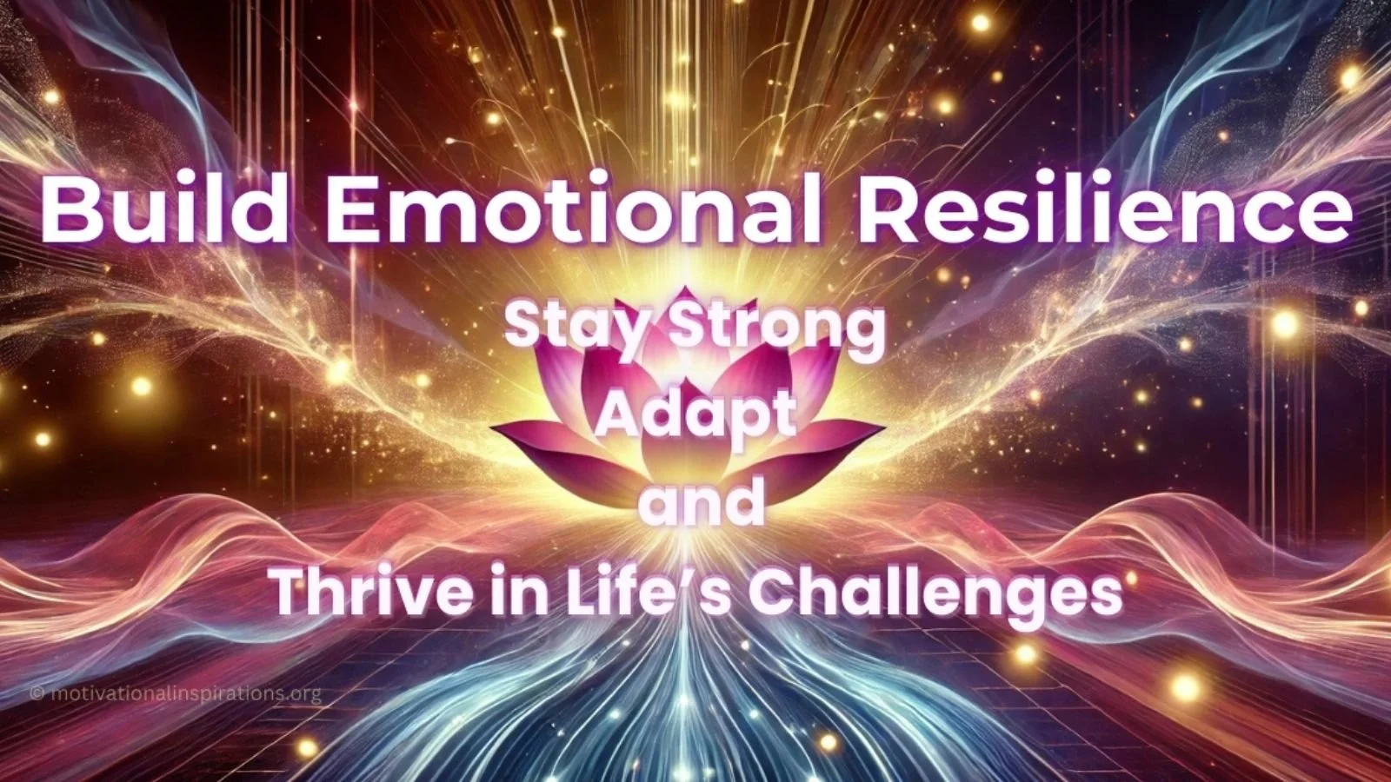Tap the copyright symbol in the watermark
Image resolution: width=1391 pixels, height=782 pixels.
point(37,693)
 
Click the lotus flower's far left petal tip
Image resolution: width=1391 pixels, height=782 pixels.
point(495,428)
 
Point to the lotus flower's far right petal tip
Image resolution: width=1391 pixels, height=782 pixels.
point(883,427)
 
